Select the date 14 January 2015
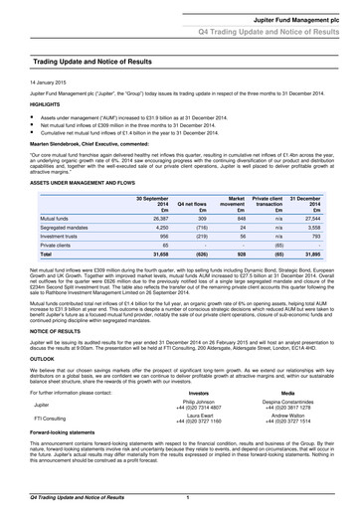tap(48, 82)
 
